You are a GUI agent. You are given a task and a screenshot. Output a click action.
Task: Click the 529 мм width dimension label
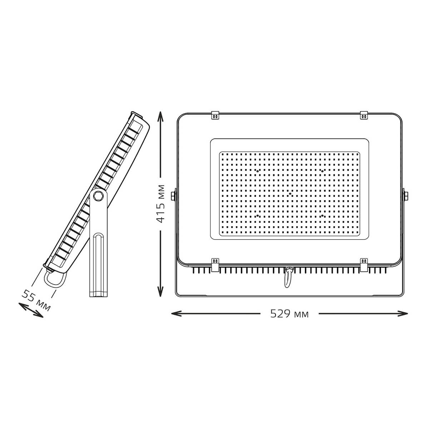click(289, 314)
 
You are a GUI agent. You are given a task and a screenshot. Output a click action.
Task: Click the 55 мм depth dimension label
click(36, 300)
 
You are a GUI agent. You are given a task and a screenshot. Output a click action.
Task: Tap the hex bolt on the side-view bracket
click(98, 196)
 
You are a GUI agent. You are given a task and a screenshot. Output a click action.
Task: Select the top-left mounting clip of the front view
click(215, 116)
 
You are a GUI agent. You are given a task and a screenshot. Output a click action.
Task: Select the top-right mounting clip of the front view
click(364, 115)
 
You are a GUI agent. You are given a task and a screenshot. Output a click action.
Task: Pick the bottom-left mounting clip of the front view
click(215, 265)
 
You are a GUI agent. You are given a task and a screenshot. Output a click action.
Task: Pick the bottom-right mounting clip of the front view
click(364, 265)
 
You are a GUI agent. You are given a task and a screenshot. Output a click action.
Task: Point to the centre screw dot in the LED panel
click(290, 194)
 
